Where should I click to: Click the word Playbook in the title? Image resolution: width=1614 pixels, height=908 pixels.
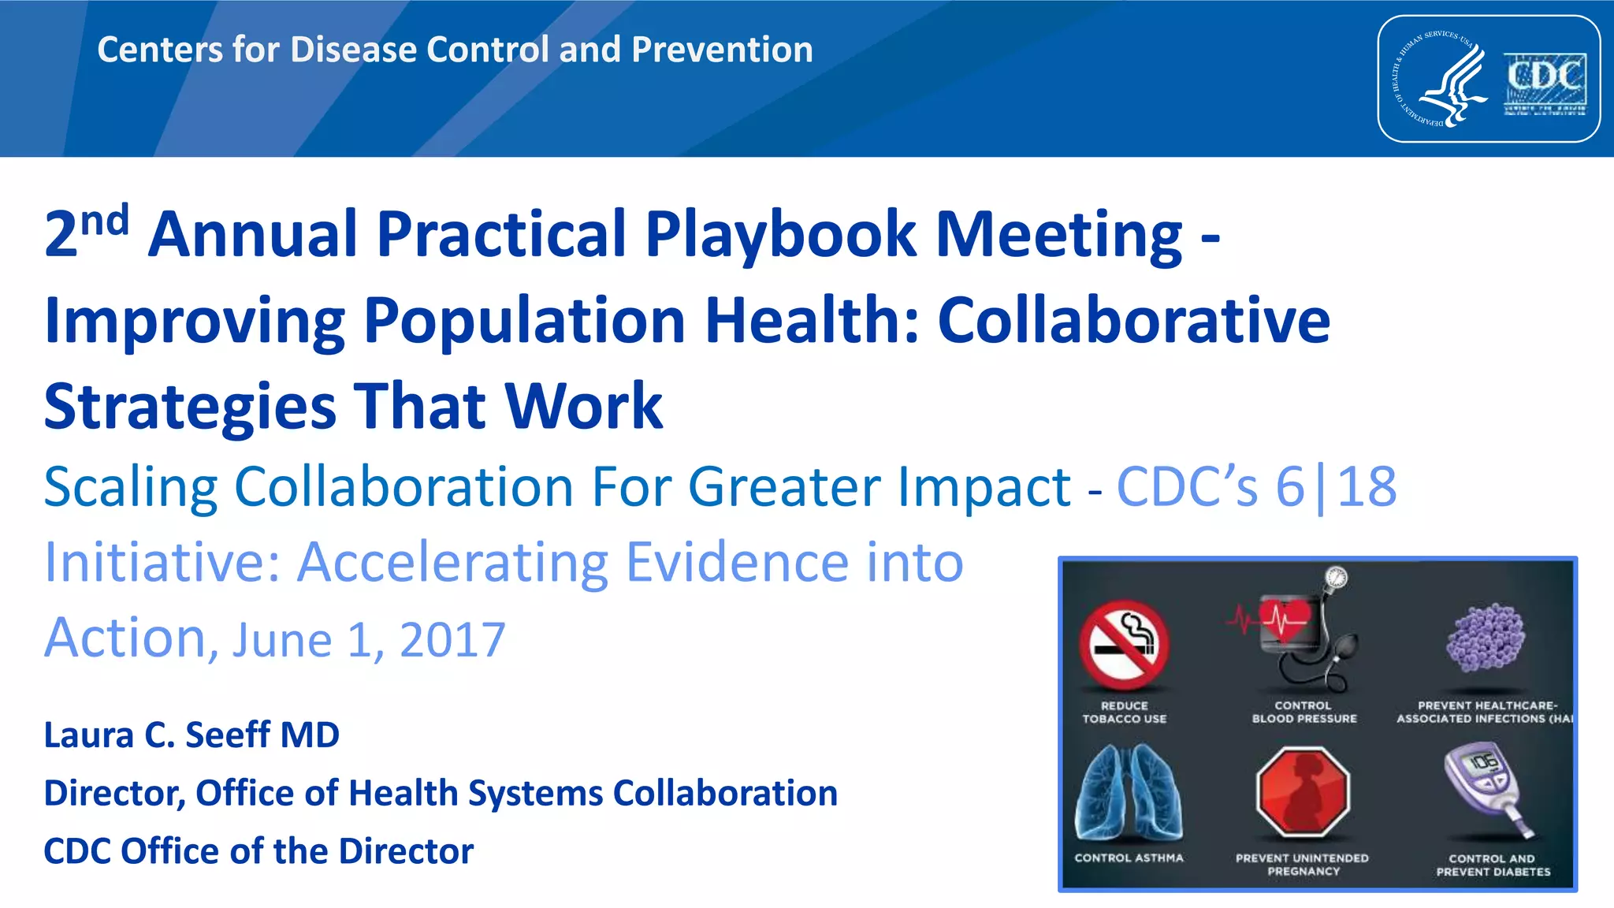click(x=780, y=234)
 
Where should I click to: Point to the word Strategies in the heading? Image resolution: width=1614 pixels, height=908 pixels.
click(x=190, y=407)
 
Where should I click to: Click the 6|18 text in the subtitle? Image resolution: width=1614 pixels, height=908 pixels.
click(x=1336, y=487)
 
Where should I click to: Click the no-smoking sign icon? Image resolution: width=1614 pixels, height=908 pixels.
click(x=1125, y=644)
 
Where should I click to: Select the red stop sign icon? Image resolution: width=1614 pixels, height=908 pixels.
click(x=1303, y=791)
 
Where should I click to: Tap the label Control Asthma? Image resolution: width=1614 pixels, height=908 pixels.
click(x=1129, y=858)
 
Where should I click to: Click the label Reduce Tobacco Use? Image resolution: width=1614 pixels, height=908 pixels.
click(x=1125, y=713)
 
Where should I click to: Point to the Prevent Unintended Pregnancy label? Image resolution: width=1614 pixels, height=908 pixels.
click(x=1303, y=865)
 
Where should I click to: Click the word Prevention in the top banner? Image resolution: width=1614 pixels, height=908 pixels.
click(x=722, y=50)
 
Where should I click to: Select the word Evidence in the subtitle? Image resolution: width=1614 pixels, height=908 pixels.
click(x=737, y=563)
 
